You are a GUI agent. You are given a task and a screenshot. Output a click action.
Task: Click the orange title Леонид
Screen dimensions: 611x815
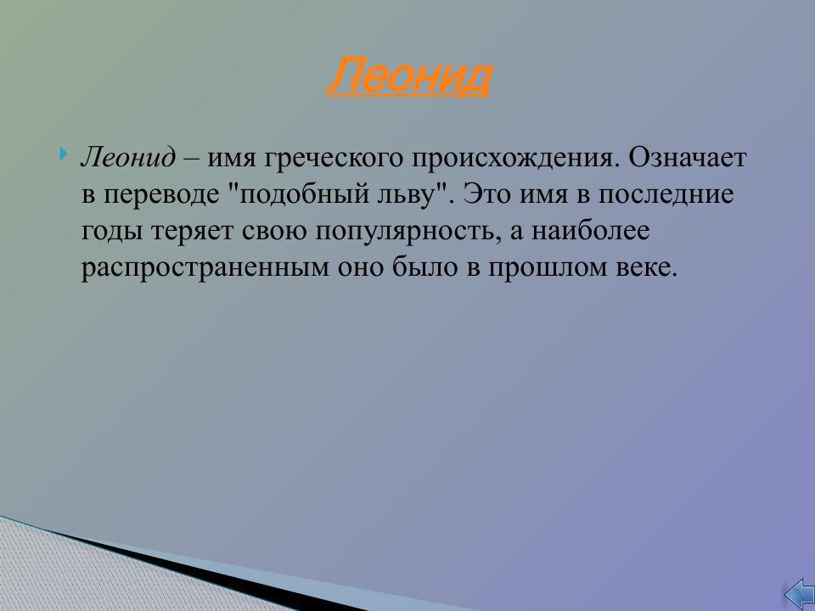408,78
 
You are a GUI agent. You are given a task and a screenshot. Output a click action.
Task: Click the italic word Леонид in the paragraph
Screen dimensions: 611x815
128,158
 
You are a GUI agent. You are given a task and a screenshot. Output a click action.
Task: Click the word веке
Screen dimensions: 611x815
650,268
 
